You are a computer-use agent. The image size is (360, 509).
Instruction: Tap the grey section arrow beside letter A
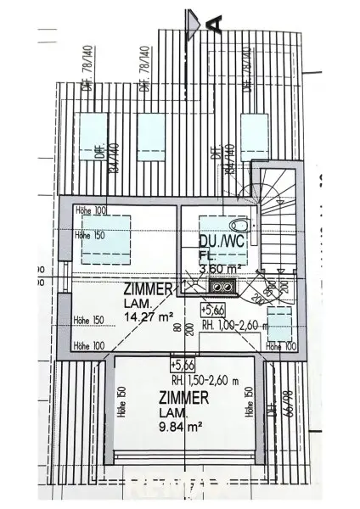click(x=194, y=18)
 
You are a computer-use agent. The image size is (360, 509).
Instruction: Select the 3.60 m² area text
click(x=218, y=270)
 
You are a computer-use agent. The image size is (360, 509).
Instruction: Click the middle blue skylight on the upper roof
click(x=151, y=137)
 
